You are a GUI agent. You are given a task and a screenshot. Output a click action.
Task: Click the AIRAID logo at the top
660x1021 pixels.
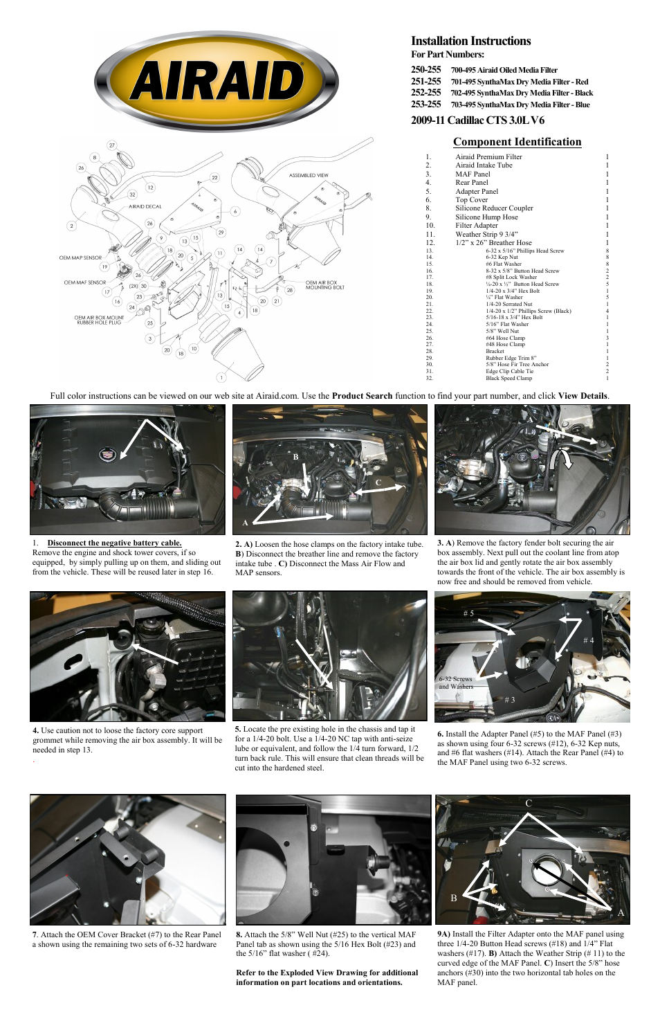click(x=217, y=81)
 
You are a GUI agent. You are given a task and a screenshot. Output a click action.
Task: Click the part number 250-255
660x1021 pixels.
click(x=425, y=70)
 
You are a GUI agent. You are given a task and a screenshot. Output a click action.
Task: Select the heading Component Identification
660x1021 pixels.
click(x=517, y=142)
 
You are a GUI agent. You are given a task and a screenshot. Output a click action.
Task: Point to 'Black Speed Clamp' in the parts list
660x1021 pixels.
click(x=508, y=378)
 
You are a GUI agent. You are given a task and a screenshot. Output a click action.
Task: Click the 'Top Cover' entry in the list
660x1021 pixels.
click(x=471, y=199)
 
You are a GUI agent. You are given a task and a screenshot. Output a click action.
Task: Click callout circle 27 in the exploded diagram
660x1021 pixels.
click(x=112, y=145)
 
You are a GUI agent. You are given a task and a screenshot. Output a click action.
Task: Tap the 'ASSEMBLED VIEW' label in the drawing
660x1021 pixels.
click(x=309, y=175)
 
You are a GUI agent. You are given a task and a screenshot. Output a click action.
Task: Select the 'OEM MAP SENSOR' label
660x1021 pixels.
click(x=80, y=257)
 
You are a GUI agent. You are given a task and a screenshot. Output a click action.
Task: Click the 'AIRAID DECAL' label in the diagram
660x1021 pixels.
click(x=145, y=206)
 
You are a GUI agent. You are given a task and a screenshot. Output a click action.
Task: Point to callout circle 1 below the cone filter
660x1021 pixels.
click(x=221, y=377)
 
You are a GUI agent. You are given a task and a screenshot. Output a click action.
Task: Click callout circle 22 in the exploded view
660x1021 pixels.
click(x=214, y=178)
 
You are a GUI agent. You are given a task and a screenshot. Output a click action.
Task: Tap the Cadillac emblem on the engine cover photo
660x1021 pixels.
click(x=107, y=455)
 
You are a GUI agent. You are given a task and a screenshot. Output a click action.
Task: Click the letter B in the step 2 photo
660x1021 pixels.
click(x=295, y=457)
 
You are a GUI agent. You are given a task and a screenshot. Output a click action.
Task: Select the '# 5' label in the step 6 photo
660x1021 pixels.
click(x=468, y=613)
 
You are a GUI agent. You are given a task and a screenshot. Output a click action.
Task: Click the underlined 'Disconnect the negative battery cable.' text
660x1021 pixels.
click(x=114, y=543)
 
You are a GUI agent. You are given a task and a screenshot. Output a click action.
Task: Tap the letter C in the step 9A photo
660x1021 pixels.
click(x=529, y=803)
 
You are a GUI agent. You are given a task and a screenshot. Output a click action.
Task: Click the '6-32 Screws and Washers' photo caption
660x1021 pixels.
click(x=456, y=683)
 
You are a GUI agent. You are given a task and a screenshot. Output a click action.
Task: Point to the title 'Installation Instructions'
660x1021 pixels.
click(x=470, y=42)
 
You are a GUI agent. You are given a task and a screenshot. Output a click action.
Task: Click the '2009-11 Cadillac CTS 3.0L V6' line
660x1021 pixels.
click(x=477, y=120)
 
